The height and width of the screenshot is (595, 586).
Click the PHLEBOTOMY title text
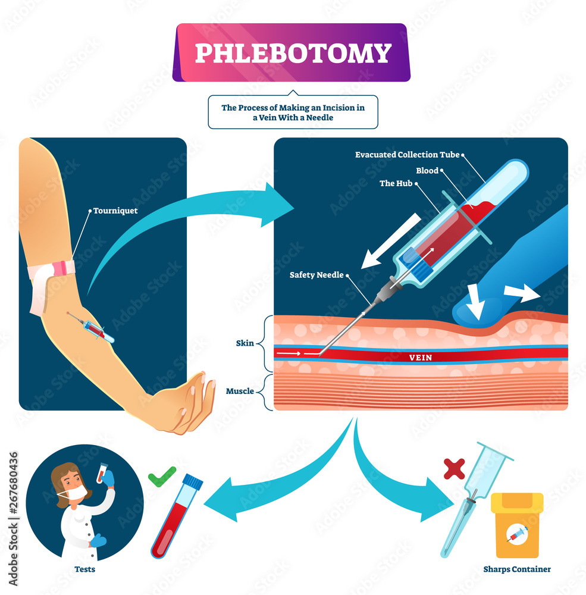[293, 53]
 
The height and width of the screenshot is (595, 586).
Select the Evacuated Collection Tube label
[407, 155]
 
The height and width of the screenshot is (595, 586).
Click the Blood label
[427, 170]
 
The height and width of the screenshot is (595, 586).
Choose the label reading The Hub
[395, 183]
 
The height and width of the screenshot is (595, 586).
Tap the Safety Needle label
[316, 275]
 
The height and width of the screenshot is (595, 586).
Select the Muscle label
[240, 391]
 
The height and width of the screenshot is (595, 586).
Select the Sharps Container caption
[517, 569]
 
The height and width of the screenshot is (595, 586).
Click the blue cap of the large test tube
[192, 482]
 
